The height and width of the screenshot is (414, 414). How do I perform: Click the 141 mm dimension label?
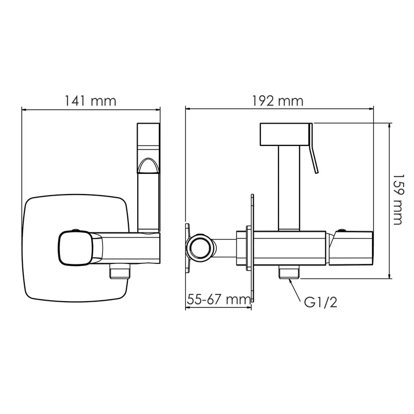point(90,101)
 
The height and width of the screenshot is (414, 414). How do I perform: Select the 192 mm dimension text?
point(278,101)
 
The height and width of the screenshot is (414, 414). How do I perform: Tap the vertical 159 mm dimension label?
point(398,199)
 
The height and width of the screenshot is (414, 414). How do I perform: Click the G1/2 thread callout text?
point(320,302)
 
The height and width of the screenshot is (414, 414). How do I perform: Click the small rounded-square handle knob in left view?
point(76,247)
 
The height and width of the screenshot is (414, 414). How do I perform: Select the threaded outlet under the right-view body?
point(289,272)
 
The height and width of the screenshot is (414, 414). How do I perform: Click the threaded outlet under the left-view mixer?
point(120,270)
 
